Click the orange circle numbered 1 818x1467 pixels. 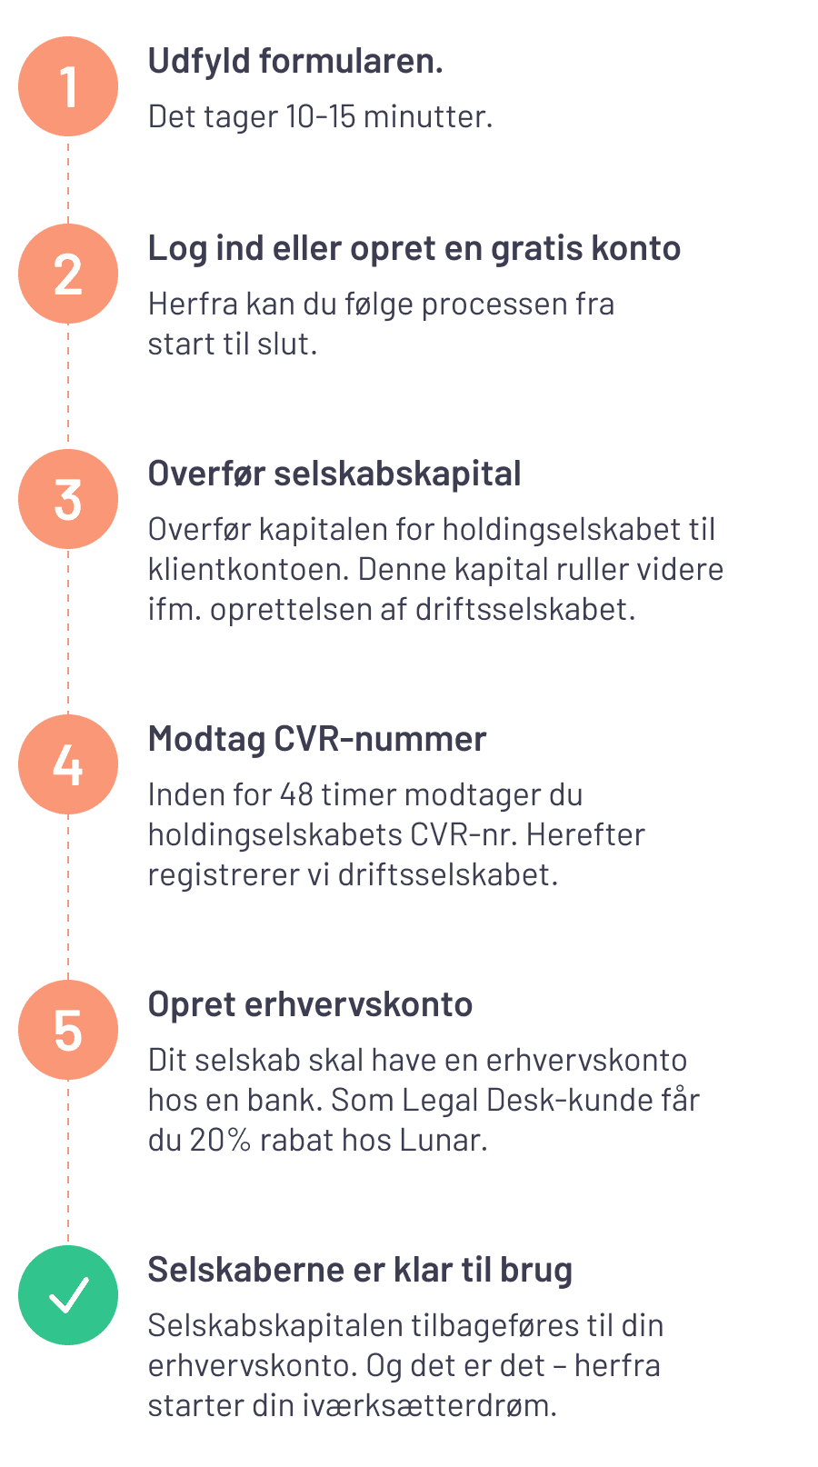coord(68,86)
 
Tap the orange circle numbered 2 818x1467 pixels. coord(68,274)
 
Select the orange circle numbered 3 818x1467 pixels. coord(68,499)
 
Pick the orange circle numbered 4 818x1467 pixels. coord(68,764)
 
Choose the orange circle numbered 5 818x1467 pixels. coord(68,1030)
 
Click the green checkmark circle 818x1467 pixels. coord(68,1295)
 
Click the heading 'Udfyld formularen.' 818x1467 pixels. coord(295,62)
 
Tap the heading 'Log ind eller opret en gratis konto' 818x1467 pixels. coord(414,250)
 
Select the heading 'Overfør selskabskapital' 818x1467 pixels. coord(334,474)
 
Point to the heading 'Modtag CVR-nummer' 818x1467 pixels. coord(317,739)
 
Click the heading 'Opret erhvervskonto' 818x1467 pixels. coord(311,1005)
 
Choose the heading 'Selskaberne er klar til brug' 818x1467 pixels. coord(360,1271)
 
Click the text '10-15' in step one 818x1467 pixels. coord(321,116)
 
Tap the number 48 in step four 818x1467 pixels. coord(296,794)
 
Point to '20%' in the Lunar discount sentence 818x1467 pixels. coord(221,1140)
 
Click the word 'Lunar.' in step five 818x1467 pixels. coord(444,1140)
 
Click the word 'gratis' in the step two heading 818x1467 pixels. coord(536,250)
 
